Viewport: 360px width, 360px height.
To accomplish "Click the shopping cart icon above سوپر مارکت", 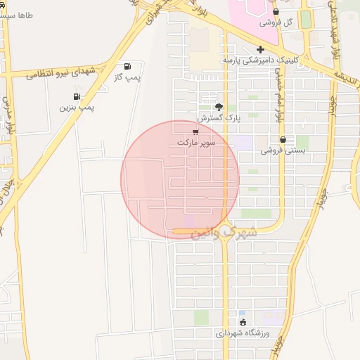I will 195,131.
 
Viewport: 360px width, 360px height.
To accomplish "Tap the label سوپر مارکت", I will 196,142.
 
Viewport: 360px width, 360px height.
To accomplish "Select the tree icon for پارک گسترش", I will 219,107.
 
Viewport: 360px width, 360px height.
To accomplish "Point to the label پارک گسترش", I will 219,117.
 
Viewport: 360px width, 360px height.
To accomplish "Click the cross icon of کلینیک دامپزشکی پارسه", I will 260,49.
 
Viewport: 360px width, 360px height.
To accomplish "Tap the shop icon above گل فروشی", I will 275,12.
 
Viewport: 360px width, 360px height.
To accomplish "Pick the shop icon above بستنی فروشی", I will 283,139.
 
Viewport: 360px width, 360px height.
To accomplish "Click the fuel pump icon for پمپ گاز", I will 127,65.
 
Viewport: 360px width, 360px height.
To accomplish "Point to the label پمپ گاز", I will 127,76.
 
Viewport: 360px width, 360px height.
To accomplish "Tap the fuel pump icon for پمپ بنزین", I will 77,96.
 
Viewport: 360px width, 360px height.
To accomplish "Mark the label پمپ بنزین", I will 77,107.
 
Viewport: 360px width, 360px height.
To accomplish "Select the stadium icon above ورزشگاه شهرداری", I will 243,322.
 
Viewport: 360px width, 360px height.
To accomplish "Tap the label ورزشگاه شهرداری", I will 243,333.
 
